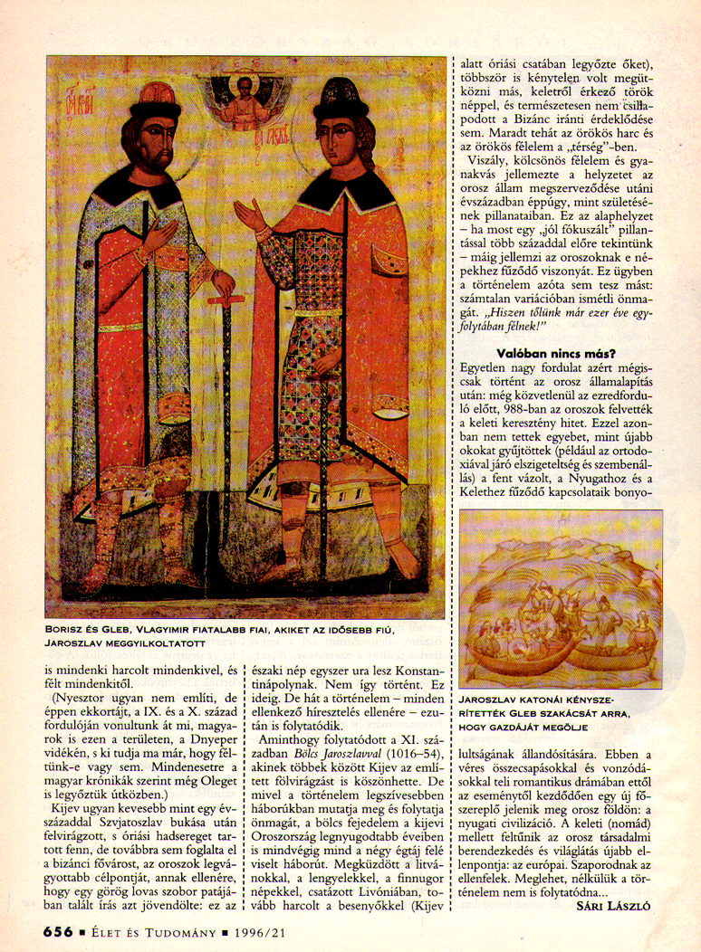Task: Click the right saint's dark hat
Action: pos(340,95)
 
